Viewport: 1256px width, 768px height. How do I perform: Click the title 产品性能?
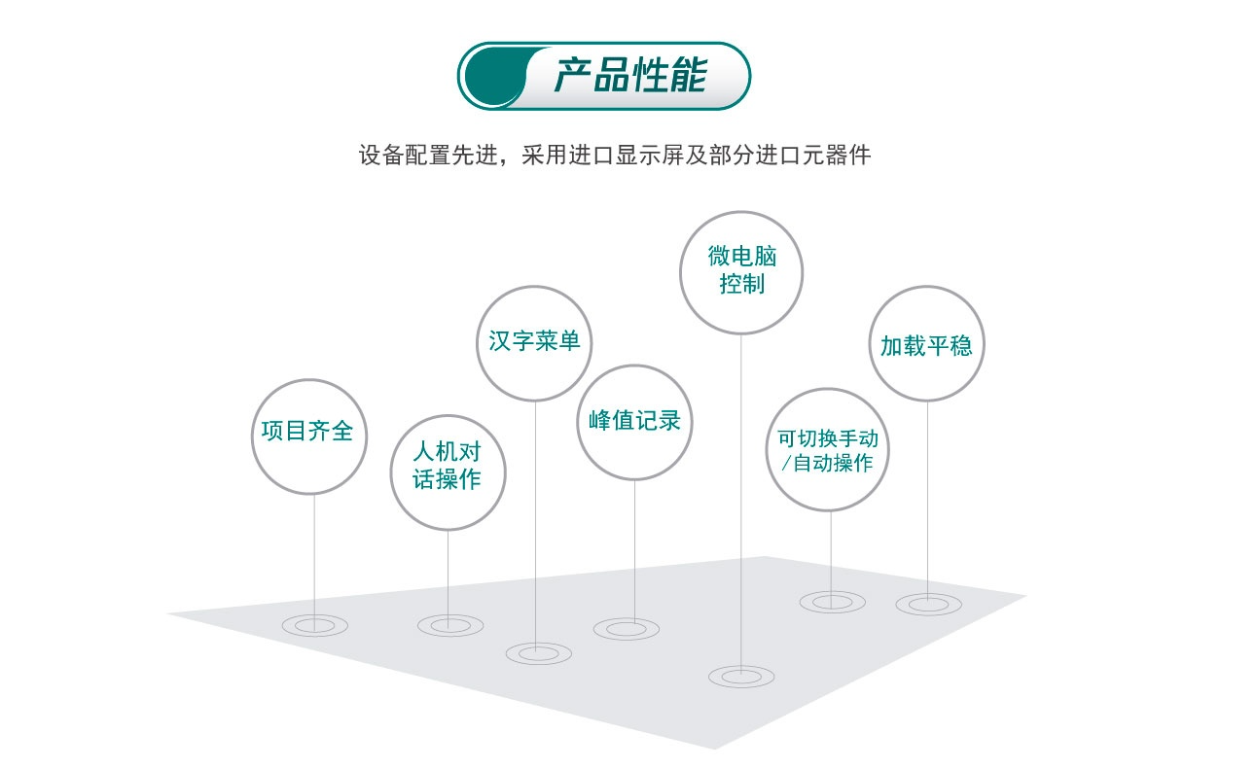click(629, 76)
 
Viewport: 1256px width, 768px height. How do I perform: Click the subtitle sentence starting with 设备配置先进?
click(614, 155)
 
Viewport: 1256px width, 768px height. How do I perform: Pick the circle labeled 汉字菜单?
click(534, 342)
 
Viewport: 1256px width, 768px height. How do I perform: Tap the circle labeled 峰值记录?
click(634, 422)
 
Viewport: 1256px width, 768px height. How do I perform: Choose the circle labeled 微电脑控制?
click(741, 272)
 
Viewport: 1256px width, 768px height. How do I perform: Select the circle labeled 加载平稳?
click(926, 344)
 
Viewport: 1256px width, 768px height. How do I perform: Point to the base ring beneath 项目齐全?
click(314, 626)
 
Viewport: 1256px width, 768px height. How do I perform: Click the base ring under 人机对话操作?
click(450, 626)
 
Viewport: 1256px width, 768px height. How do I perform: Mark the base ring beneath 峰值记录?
click(626, 629)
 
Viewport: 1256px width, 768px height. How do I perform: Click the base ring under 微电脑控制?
click(742, 675)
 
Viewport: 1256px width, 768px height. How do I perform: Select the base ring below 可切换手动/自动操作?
click(833, 602)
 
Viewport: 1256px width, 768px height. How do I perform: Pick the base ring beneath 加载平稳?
click(928, 604)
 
